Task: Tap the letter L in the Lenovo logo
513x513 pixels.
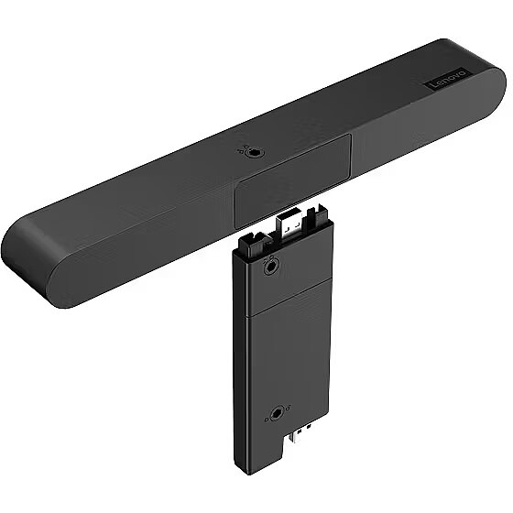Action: (430, 87)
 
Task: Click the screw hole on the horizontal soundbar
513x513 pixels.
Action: (254, 152)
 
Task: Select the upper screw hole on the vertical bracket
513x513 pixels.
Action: (270, 267)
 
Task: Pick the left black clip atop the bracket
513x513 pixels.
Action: (253, 245)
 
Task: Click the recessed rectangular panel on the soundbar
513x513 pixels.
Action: (292, 181)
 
